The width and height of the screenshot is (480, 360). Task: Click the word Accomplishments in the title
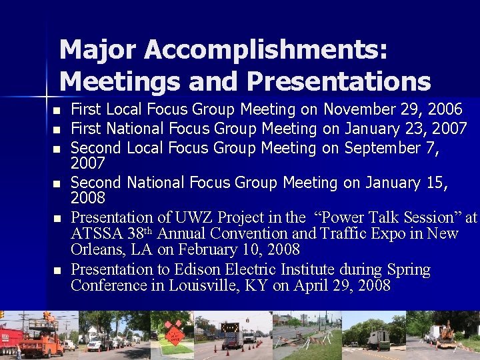coord(266,50)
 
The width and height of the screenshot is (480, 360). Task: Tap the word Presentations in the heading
coord(338,81)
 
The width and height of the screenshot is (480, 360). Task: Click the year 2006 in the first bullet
coord(445,109)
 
